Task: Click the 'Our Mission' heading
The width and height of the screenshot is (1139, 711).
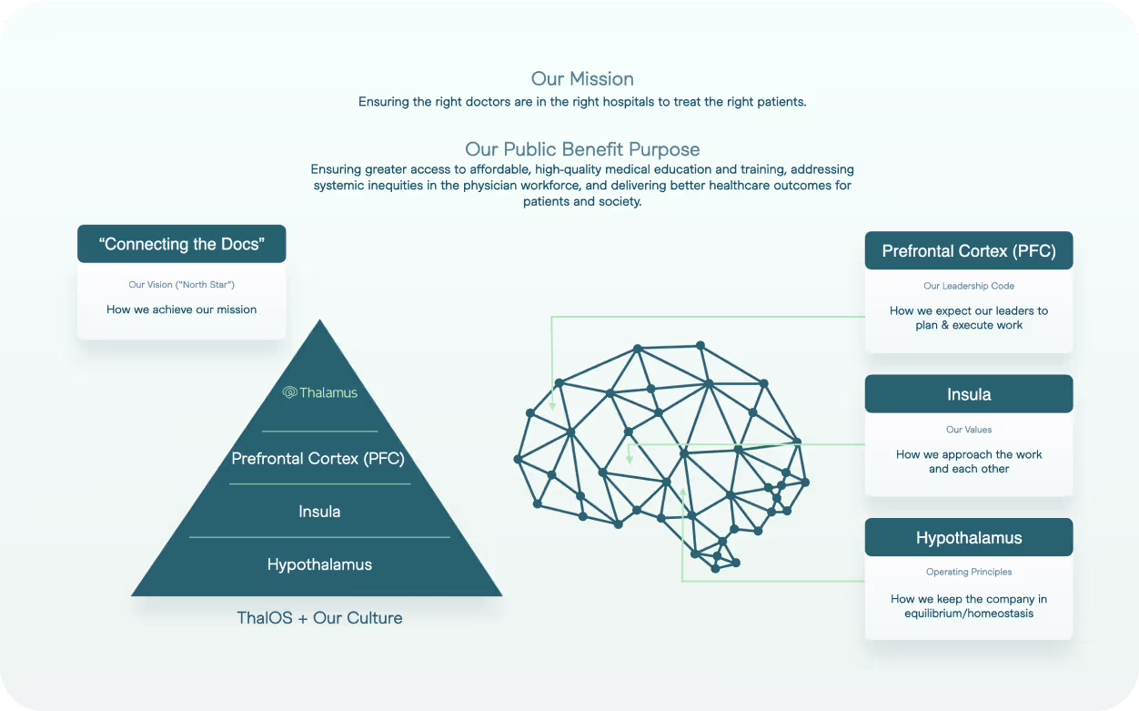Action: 582,79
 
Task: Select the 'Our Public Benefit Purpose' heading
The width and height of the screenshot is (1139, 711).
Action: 582,149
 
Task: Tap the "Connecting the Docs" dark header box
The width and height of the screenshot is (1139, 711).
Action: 182,244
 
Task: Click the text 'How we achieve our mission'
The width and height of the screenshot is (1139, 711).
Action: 182,310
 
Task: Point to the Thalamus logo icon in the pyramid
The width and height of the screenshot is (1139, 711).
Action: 290,392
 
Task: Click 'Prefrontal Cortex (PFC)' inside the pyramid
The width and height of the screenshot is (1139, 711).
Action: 318,459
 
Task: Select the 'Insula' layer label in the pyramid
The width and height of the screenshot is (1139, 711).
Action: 319,512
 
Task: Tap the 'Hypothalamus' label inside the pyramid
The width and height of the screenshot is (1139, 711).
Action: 319,564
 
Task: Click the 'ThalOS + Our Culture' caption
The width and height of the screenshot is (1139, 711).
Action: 319,618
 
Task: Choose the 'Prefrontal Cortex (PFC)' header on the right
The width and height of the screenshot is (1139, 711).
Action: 969,251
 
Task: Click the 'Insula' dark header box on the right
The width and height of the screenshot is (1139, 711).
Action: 969,394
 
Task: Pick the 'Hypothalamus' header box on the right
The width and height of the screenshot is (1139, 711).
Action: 969,538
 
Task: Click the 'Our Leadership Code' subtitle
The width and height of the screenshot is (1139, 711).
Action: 969,286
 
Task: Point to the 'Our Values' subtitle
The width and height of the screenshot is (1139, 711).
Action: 969,430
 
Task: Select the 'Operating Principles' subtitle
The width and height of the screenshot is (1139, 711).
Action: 969,572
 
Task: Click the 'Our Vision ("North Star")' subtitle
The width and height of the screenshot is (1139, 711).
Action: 182,285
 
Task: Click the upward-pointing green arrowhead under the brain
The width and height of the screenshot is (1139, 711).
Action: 683,492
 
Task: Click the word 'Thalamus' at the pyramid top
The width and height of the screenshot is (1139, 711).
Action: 328,392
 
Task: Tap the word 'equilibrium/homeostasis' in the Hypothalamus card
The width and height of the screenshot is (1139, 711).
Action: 969,614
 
